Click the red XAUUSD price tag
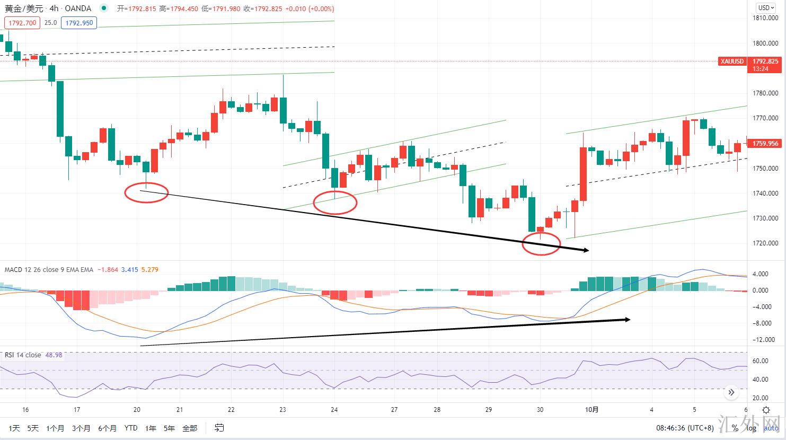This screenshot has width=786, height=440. [732, 61]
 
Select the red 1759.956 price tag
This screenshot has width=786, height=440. [765, 144]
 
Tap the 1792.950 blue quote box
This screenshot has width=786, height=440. [79, 23]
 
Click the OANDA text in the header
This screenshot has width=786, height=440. [78, 8]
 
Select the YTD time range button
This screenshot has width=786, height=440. [130, 428]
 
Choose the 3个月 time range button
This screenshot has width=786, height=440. [81, 428]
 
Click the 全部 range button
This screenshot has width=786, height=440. [189, 428]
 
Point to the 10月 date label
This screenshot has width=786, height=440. [592, 409]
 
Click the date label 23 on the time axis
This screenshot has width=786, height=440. [282, 409]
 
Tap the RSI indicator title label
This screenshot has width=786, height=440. [23, 355]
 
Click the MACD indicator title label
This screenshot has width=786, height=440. [49, 270]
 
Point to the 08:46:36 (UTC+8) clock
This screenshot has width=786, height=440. [685, 428]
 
